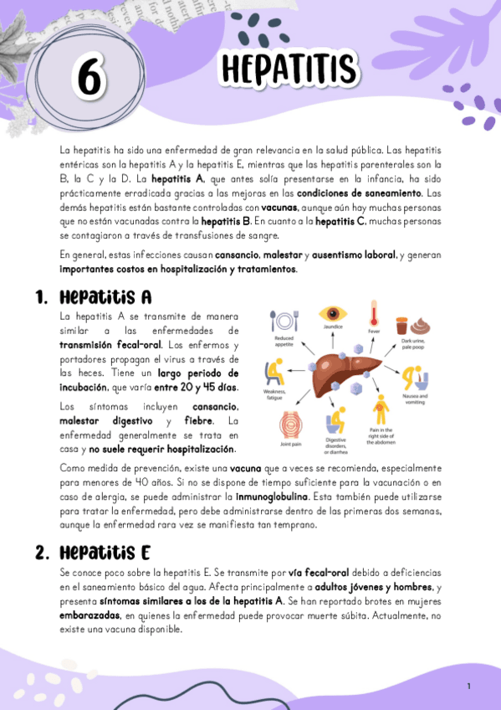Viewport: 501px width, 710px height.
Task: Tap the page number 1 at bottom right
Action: coord(469,687)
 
